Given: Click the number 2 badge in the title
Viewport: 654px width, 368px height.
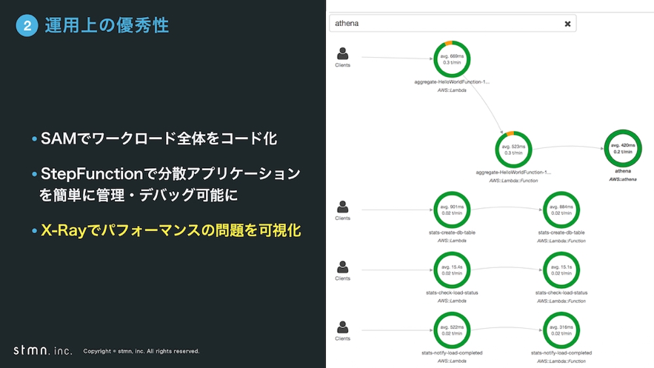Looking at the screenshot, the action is coord(26,26).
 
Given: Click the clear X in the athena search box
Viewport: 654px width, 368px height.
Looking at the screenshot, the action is coord(567,24).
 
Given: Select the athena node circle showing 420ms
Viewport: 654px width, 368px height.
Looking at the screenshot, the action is coord(622,148).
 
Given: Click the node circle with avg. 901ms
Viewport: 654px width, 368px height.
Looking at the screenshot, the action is coord(452,210).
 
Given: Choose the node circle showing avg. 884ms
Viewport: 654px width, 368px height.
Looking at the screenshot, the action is coord(561,210).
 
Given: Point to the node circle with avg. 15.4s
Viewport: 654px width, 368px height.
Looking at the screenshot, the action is coord(452,270).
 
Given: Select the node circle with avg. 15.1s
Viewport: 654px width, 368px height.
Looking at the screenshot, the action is coord(561,270).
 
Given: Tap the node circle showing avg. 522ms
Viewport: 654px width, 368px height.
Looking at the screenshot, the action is coord(452,331).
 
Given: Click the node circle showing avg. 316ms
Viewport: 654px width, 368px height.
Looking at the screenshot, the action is coord(561,331).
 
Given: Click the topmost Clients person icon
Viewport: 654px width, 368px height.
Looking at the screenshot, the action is coord(342,54).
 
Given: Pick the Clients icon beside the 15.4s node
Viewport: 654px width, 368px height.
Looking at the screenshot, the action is coord(342,267).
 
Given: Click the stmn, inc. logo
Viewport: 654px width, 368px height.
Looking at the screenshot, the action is coord(43,349).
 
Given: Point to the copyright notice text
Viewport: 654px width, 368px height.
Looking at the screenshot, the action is coord(141,351).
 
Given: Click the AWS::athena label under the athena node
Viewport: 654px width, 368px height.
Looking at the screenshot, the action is coord(622,179).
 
